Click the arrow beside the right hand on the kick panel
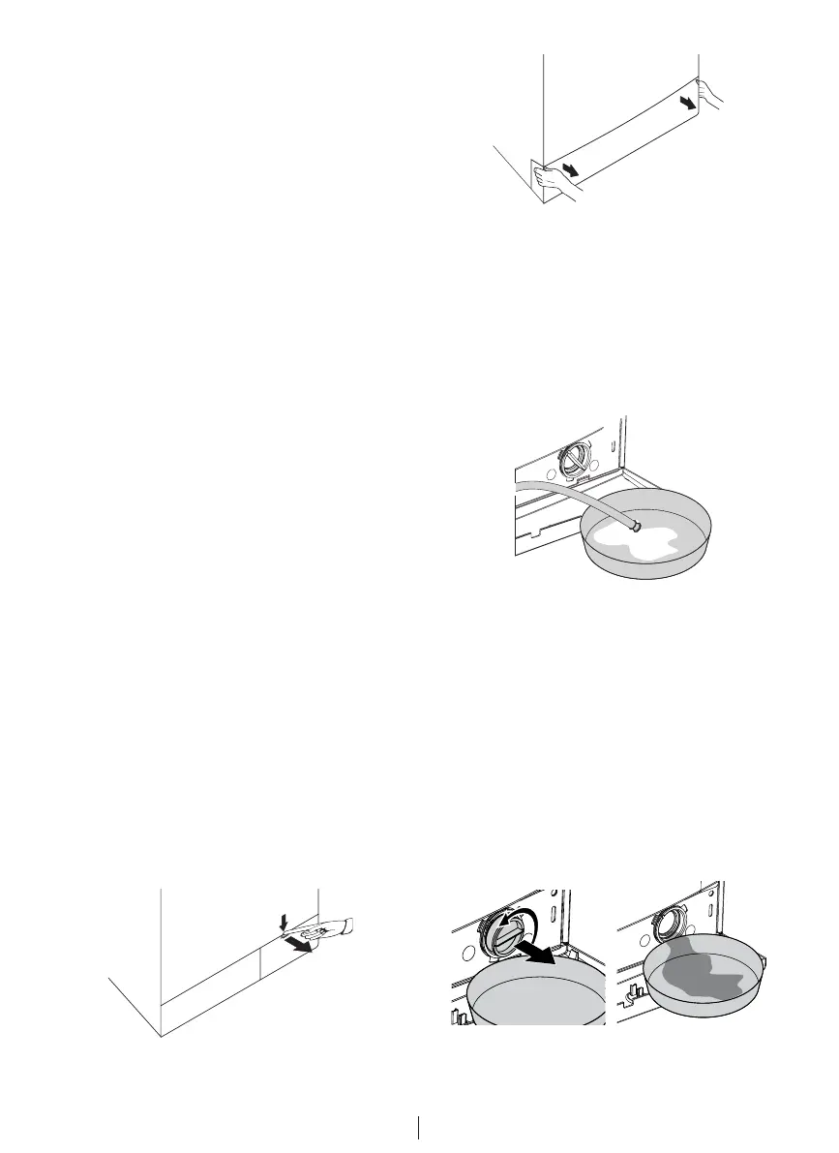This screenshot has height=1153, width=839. [x=687, y=102]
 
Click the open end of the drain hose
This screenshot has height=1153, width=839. [x=635, y=526]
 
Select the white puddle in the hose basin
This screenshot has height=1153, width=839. [x=630, y=540]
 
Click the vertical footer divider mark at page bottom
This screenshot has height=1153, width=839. [x=419, y=1128]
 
